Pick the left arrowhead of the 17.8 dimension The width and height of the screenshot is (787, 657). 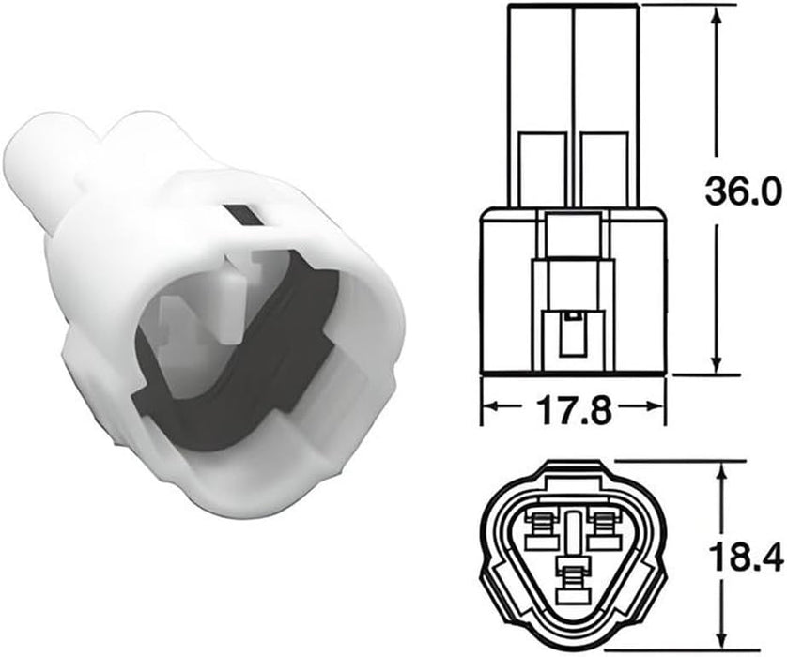(494, 406)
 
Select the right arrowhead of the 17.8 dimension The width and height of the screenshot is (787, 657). (653, 406)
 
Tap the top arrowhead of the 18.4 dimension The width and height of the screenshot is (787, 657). (722, 474)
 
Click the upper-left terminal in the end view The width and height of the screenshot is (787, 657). (541, 531)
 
